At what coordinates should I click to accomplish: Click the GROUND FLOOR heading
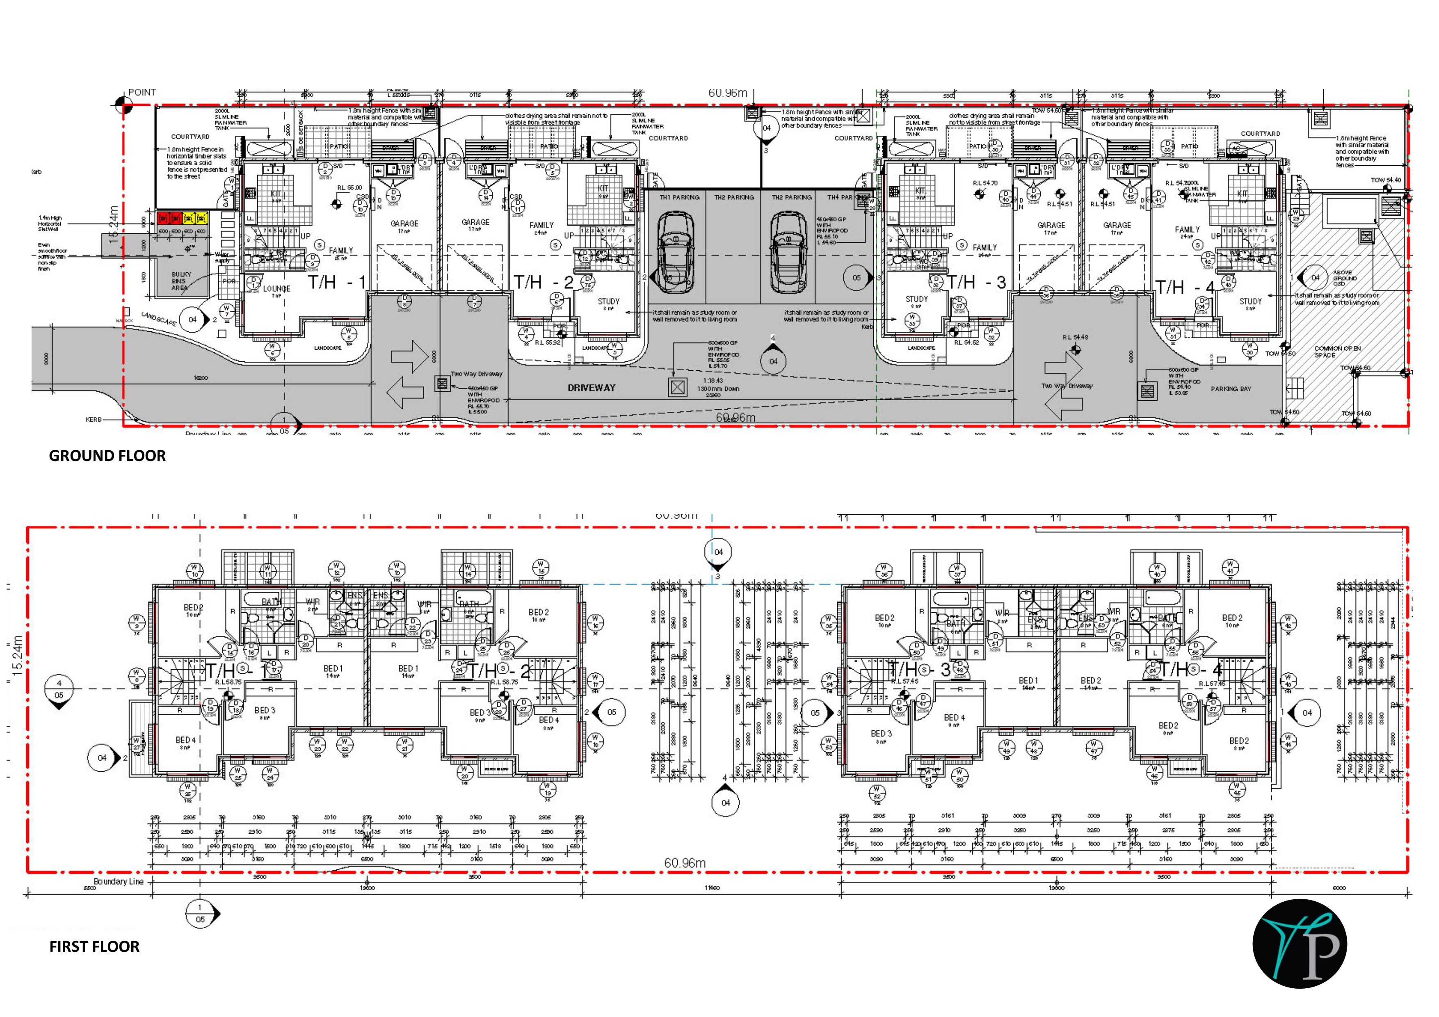[107, 456]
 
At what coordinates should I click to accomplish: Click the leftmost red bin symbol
[162, 218]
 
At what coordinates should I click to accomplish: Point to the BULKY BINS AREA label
[180, 281]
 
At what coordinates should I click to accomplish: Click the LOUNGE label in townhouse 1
[276, 289]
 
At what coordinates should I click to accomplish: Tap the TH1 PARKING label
[679, 197]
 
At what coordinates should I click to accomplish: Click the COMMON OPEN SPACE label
[1336, 351]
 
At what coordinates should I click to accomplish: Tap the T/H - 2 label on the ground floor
[544, 283]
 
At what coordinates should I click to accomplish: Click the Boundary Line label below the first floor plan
[119, 881]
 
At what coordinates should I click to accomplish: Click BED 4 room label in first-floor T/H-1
[185, 740]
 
